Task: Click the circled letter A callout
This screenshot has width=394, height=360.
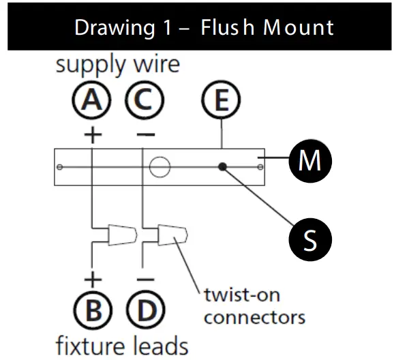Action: [91, 103]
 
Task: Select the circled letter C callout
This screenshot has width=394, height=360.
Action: [144, 103]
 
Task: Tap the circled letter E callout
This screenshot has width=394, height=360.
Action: [222, 103]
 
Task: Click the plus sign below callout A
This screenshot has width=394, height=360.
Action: [92, 134]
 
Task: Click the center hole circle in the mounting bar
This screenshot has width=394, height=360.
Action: [160, 167]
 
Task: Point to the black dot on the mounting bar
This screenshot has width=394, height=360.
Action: [222, 167]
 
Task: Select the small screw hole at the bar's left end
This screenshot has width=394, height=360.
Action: [61, 167]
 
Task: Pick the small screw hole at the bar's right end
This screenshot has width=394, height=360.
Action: [259, 167]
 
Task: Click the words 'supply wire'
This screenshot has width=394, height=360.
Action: [117, 65]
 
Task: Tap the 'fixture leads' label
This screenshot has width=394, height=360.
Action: [121, 344]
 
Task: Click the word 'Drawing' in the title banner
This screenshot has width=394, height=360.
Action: [113, 27]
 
